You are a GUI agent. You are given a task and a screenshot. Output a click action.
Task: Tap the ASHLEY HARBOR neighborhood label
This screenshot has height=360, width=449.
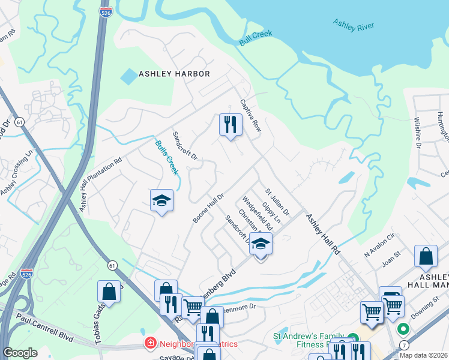coord(174,74)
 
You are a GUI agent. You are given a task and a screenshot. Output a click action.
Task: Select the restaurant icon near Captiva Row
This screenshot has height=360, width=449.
coord(230,125)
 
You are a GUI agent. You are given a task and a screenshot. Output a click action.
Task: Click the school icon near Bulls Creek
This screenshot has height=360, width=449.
coord(161,201)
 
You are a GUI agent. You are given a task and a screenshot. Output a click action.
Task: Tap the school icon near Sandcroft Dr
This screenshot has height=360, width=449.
coord(261,244)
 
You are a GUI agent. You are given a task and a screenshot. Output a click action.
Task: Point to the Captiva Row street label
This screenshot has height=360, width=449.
coord(251,116)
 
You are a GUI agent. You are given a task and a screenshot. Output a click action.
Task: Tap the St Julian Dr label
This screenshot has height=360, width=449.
coord(277,203)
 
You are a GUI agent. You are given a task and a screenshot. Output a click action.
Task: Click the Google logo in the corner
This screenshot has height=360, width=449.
coord(20,353)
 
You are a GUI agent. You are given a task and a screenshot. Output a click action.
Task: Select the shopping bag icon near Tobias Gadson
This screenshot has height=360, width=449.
coord(110,292)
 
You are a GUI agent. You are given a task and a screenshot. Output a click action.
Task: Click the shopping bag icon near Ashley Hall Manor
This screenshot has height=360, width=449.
coord(426,256)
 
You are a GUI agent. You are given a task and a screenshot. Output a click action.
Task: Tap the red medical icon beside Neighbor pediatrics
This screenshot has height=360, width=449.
coord(150,344)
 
